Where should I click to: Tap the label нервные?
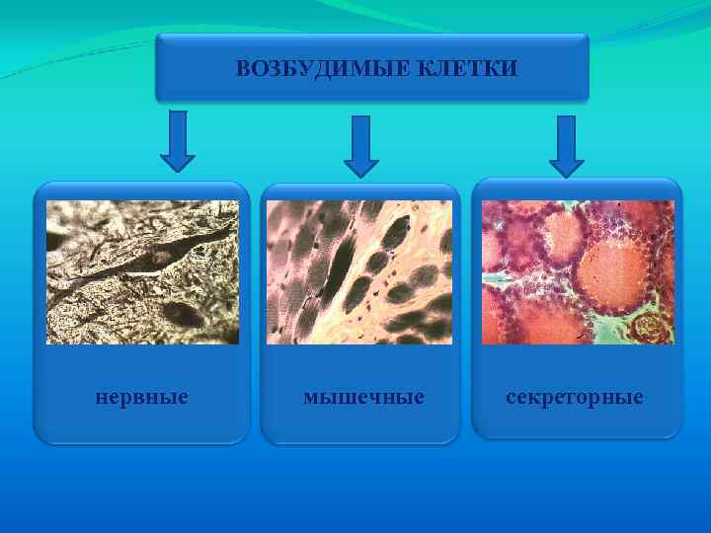[x=141, y=397]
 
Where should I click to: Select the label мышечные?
[x=363, y=397]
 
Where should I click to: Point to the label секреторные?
[x=575, y=397]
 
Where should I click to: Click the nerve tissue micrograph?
[x=142, y=271]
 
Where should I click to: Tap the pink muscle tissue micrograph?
[x=359, y=271]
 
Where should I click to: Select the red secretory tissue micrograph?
[x=578, y=271]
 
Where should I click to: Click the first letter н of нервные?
[x=100, y=398]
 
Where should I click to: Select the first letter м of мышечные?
[x=310, y=398]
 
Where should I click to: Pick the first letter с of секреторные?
[x=511, y=398]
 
